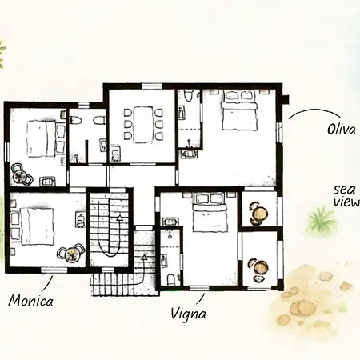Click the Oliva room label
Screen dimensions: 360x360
point(342,130)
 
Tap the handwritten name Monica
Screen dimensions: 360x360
point(31,300)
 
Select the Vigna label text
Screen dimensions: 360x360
point(188,314)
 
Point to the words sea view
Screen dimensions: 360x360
point(346,196)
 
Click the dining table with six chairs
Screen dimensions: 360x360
point(143,125)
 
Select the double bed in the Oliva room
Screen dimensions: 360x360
point(239,110)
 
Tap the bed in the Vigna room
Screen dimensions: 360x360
point(210,212)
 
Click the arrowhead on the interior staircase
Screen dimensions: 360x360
point(119,218)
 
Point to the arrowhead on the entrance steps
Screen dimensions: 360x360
point(144,258)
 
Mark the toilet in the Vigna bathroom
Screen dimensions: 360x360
point(171,279)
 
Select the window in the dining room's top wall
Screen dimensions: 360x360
point(152,86)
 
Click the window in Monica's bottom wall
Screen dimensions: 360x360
point(54,270)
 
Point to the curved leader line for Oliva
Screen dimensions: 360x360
point(314,110)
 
